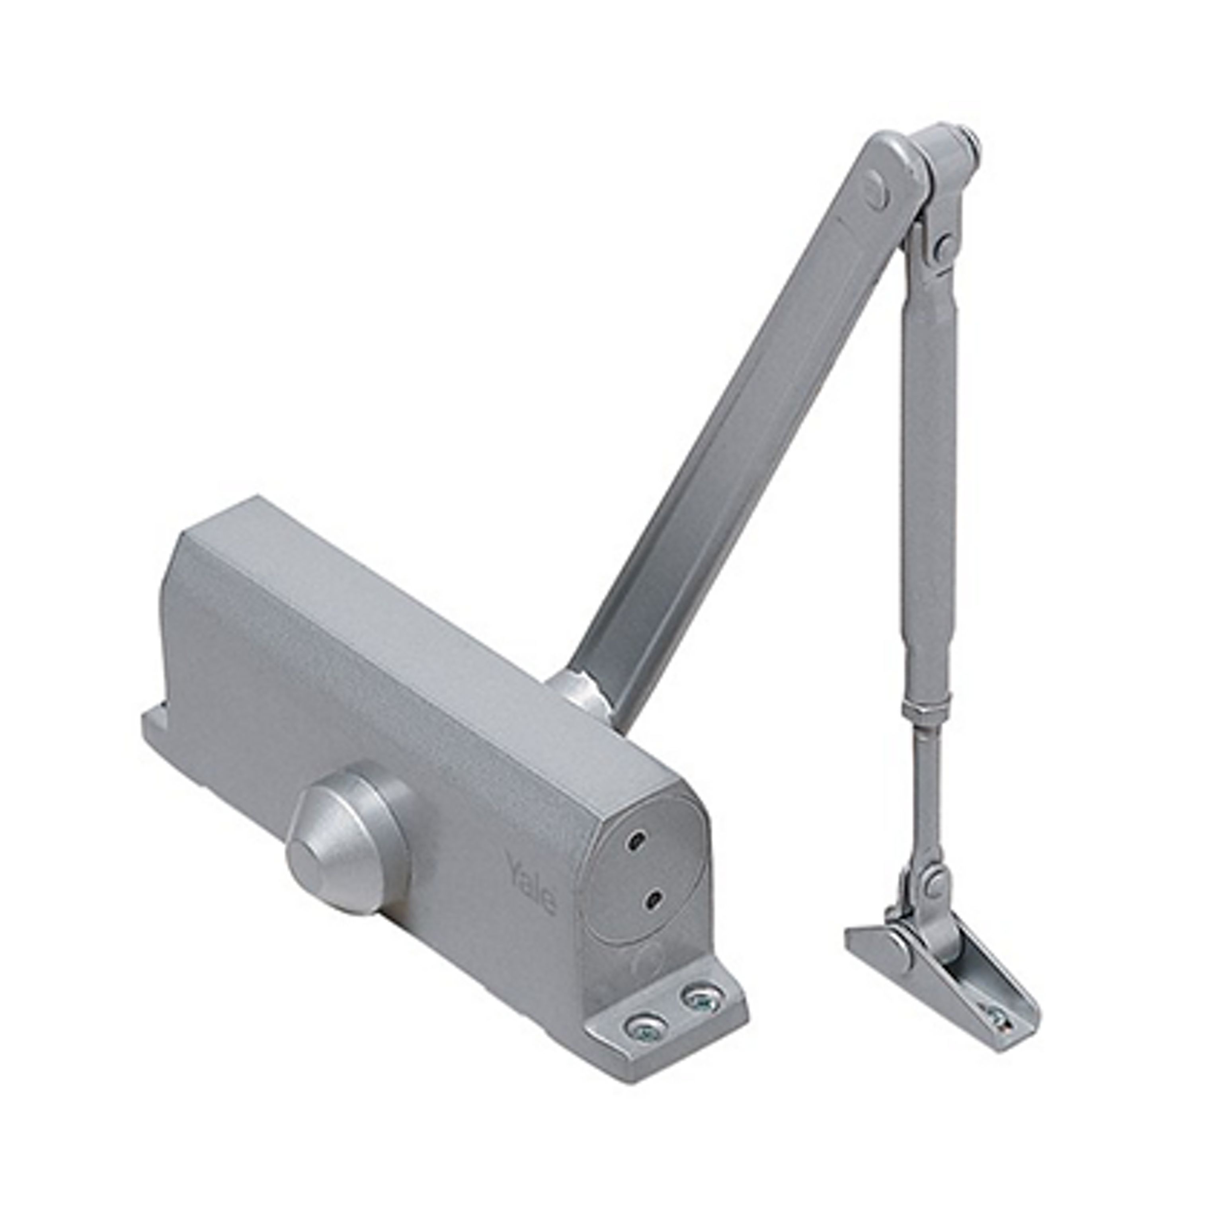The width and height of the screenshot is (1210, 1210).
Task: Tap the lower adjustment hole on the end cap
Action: (x=654, y=899)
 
